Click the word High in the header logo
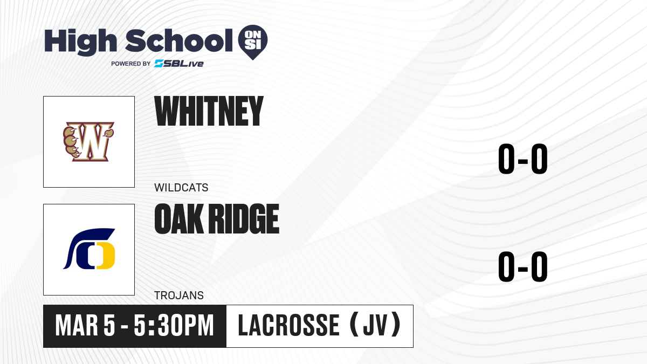click(x=80, y=42)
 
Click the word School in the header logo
click(x=179, y=40)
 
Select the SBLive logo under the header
click(x=179, y=63)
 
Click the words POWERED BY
click(x=131, y=64)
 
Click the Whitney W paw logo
click(x=88, y=141)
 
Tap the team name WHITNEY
click(x=209, y=111)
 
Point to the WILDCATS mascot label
click(x=181, y=188)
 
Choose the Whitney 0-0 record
click(x=523, y=159)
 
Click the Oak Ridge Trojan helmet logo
click(x=89, y=249)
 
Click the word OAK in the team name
click(x=179, y=219)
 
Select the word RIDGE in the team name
click(x=244, y=219)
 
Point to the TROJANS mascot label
click(x=179, y=296)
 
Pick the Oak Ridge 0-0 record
click(x=523, y=266)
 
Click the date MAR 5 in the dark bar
click(x=85, y=326)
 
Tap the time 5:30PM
click(x=174, y=326)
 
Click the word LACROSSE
click(x=288, y=326)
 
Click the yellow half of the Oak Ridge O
click(x=106, y=256)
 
